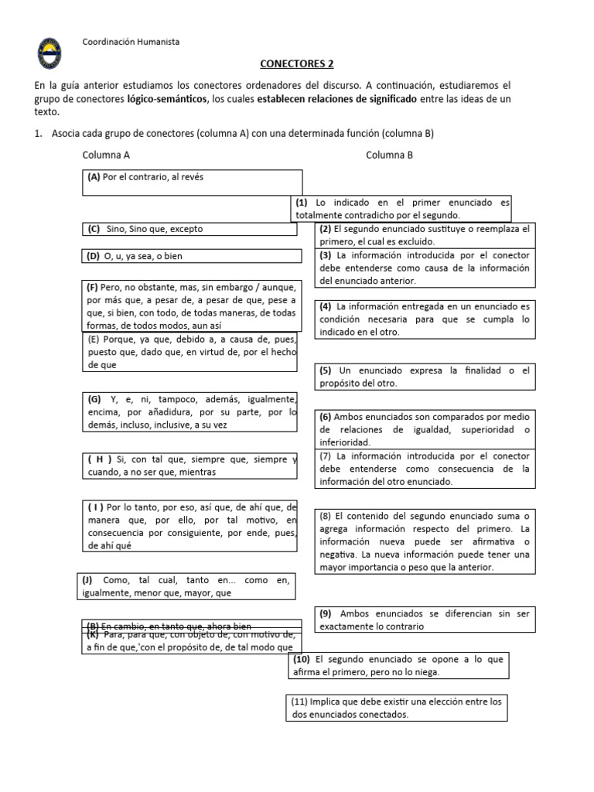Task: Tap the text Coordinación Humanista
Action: coord(131,42)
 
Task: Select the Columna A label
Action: coord(106,155)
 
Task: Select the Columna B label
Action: coord(389,155)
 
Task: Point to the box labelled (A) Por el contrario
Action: coord(192,183)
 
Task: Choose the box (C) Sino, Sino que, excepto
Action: coord(189,229)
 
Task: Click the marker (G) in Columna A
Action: coord(94,399)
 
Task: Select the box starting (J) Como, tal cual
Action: coord(186,586)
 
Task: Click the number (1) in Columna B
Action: coord(302,203)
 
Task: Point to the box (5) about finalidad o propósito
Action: coord(425,377)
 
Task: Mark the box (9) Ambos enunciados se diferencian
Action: coord(425,620)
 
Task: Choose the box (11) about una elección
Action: coord(397,708)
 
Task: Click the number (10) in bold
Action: coord(302,660)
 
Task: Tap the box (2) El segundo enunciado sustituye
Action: coord(425,234)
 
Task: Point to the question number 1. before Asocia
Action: coord(38,133)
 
